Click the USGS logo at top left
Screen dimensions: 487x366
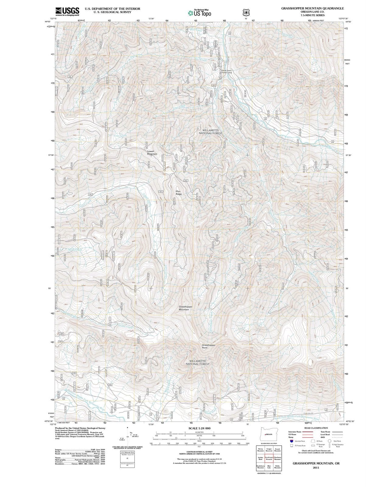pos(67,12)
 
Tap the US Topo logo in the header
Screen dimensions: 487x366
pos(200,13)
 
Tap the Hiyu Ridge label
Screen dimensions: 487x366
pos(179,192)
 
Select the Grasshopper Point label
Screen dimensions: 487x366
pos(209,346)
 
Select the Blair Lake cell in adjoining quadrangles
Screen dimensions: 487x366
pos(269,467)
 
